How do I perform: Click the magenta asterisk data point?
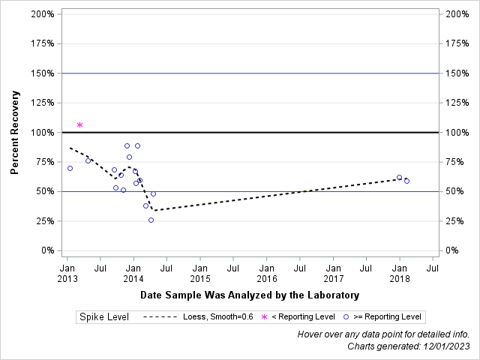pyautogui.click(x=79, y=124)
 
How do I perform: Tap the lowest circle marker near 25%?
pyautogui.click(x=151, y=220)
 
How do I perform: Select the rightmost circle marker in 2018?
pyautogui.click(x=406, y=181)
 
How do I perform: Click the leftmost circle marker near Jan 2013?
pyautogui.click(x=70, y=168)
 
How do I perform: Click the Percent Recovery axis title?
pyautogui.click(x=14, y=133)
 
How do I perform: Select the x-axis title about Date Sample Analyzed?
pyautogui.click(x=249, y=295)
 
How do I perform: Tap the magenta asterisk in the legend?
pyautogui.click(x=263, y=318)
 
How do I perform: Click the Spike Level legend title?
pyautogui.click(x=104, y=317)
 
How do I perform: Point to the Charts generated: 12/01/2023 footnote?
pyautogui.click(x=408, y=346)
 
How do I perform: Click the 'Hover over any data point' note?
pyautogui.click(x=383, y=334)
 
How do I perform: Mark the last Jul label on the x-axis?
pyautogui.click(x=432, y=266)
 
